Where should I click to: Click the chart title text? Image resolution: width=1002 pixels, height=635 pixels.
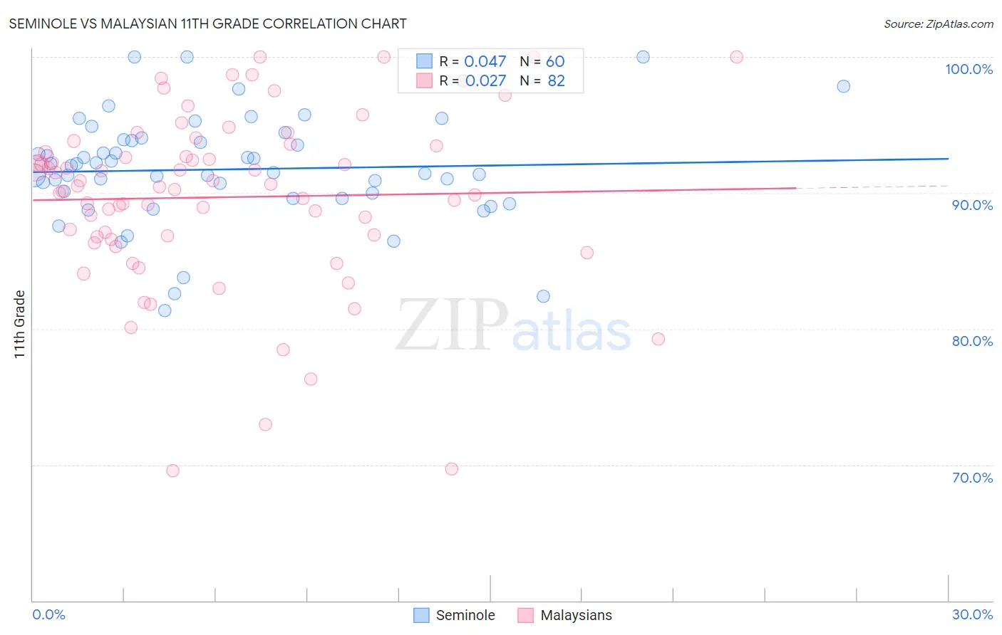coord(207,23)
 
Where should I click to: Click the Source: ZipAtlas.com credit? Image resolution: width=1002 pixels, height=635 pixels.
coord(938,23)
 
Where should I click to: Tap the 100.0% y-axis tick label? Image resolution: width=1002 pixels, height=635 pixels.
coord(969,69)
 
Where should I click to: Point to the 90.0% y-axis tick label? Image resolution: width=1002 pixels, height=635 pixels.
coord(972,205)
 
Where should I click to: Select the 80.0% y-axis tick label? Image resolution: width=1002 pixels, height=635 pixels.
coord(972,341)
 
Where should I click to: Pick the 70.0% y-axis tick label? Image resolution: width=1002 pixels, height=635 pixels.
coord(972,478)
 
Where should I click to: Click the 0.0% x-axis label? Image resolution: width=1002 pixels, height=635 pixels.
coord(48,614)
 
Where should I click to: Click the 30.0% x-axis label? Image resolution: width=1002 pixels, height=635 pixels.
coord(972,614)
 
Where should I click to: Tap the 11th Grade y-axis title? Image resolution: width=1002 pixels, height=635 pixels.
coord(19,324)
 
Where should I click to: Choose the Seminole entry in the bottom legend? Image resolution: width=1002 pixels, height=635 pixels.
coord(455,615)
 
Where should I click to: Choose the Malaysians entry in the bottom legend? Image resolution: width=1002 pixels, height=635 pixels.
coord(565,615)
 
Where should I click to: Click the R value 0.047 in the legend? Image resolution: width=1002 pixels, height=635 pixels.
coord(485,62)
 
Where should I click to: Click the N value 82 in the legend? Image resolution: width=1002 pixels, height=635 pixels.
coord(556,81)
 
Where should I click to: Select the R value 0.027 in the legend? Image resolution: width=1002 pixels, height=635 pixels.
coord(485,81)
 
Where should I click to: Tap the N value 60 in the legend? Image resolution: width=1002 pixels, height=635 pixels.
coord(555,62)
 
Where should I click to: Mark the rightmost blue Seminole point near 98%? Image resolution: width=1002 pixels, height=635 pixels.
coord(843,86)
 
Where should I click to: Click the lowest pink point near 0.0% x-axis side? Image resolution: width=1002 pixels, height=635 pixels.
coord(172,471)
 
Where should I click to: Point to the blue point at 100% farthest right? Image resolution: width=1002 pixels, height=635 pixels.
coord(643,57)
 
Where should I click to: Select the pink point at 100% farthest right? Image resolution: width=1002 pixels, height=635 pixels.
coord(736,57)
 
